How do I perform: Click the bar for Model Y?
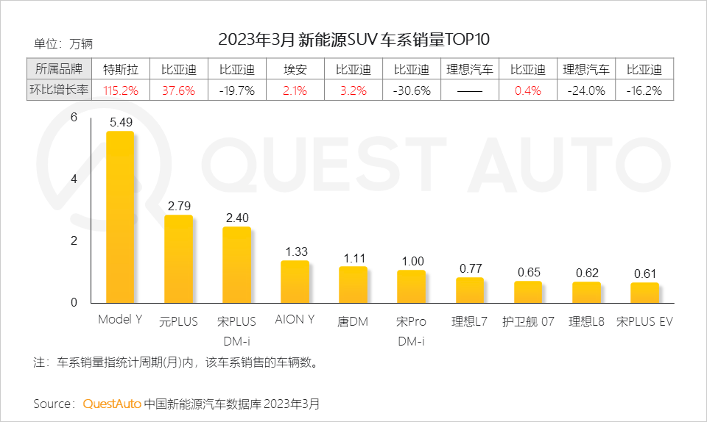pyautogui.click(x=120, y=217)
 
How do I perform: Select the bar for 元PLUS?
pyautogui.click(x=178, y=259)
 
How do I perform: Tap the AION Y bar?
pyautogui.click(x=295, y=282)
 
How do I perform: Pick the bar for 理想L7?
pyautogui.click(x=469, y=290)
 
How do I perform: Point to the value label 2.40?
pyautogui.click(x=236, y=218)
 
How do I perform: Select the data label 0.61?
pyautogui.click(x=644, y=273)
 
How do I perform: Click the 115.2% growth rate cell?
pyautogui.click(x=121, y=91)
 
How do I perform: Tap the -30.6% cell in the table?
pyautogui.click(x=411, y=91)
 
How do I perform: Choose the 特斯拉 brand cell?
pyautogui.click(x=121, y=70)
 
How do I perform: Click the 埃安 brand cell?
pyautogui.click(x=295, y=70)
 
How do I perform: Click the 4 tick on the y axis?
pyautogui.click(x=73, y=179)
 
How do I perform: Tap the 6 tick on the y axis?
pyautogui.click(x=73, y=118)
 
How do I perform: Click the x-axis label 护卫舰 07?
pyautogui.click(x=528, y=322)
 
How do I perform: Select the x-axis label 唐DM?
pyautogui.click(x=353, y=322)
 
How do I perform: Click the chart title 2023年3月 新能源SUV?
pyautogui.click(x=353, y=39)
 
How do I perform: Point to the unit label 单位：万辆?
pyautogui.click(x=63, y=44)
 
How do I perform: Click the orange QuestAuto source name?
pyautogui.click(x=112, y=404)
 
